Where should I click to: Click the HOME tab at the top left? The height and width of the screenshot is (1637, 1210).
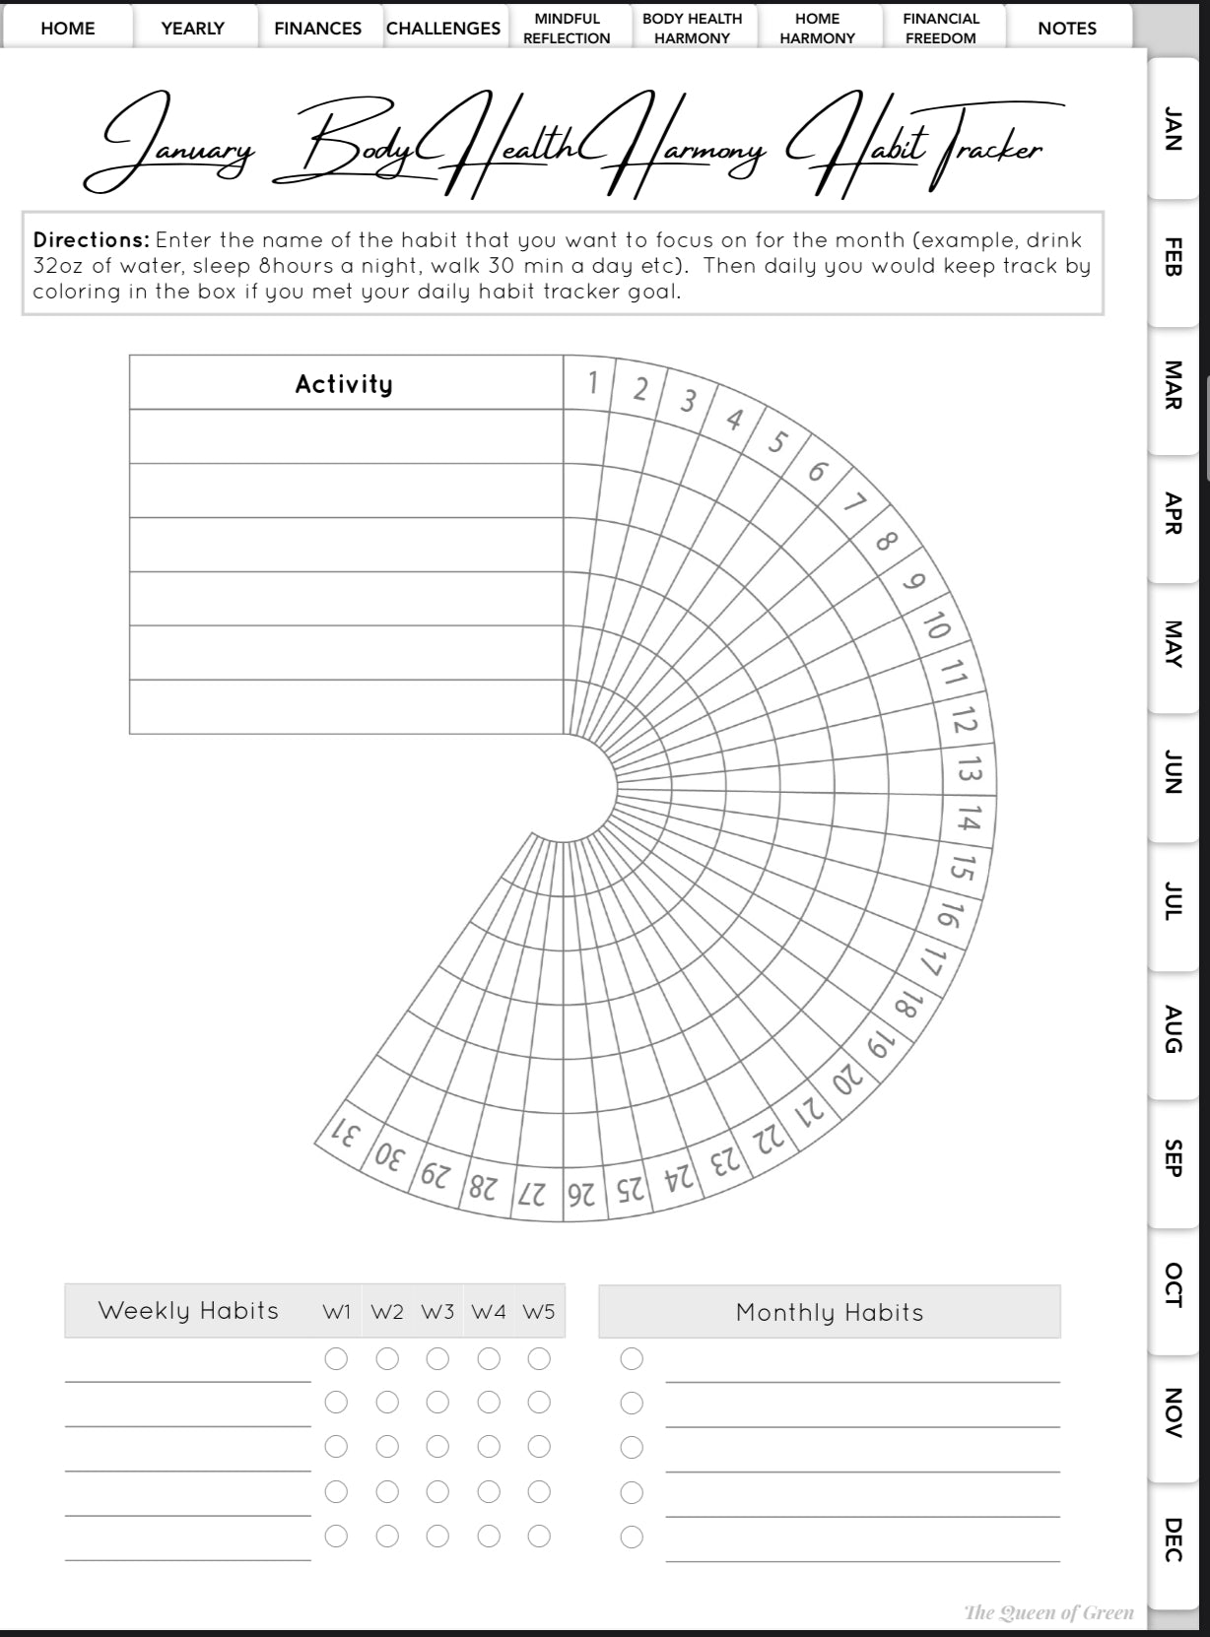67,29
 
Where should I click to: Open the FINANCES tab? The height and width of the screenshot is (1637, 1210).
317,29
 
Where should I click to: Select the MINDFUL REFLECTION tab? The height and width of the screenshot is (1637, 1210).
567,29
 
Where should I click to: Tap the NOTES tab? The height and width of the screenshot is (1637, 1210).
1067,29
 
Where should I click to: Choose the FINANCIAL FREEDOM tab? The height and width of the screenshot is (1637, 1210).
941,29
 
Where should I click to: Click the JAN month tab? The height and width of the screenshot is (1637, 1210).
1173,129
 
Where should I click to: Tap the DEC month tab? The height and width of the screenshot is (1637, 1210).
1173,1539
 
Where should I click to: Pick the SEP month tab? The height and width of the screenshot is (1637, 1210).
1173,1156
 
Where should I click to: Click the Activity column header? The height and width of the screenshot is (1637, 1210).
344,384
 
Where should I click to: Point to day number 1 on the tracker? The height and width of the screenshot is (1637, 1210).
592,382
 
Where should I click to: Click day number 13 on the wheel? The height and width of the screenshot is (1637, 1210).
970,770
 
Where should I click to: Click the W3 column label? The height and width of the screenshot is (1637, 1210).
437,1312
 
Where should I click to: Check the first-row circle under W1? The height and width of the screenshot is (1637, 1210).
336,1359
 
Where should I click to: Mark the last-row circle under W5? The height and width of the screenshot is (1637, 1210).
539,1536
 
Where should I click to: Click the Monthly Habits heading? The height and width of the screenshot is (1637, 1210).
830,1312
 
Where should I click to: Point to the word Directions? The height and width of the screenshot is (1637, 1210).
91,240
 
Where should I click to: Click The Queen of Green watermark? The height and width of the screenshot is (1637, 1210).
1048,1612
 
